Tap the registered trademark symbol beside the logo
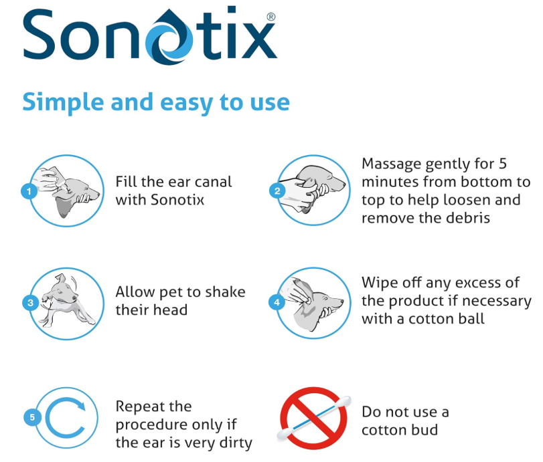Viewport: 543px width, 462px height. coord(270,15)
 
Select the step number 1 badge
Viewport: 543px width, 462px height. coord(29,192)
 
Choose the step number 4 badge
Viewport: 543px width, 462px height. coord(277,302)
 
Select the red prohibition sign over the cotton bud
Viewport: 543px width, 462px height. coord(315,417)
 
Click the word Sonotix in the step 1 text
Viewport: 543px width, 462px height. coord(176,199)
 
